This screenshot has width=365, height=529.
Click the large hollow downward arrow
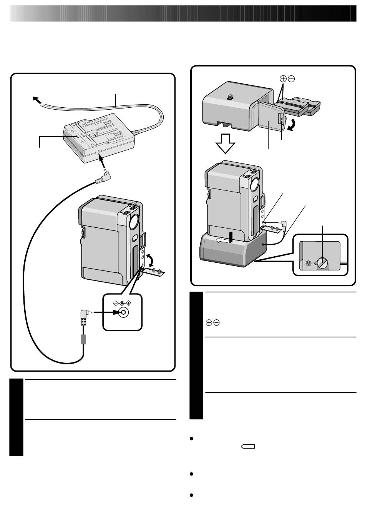225,143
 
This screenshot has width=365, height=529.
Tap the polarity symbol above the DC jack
123,303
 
